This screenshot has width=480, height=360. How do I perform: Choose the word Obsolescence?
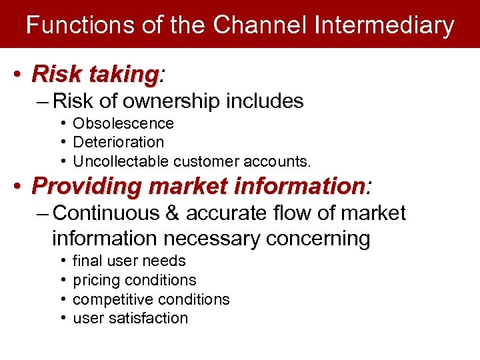point(123,123)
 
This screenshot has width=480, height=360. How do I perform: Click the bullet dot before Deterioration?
point(61,142)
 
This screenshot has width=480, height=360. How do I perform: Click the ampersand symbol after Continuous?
point(175,213)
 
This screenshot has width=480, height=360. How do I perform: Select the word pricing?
point(95,280)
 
